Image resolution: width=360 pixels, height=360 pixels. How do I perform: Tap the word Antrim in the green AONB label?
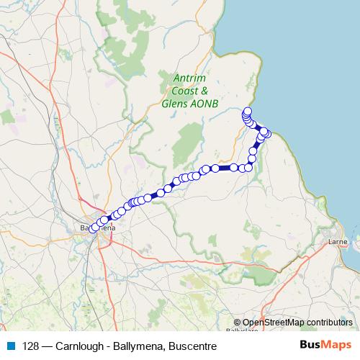[189, 79]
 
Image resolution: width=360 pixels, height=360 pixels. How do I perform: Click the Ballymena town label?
[96, 228]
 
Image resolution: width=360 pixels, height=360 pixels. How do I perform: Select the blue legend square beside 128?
[10, 345]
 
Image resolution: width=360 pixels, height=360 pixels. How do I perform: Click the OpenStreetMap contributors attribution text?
[297, 322]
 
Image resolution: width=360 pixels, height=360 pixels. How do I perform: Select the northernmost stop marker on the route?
[247, 111]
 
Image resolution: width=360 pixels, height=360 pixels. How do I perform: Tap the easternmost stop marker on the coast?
[267, 132]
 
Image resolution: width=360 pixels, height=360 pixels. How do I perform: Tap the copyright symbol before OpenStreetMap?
[238, 322]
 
